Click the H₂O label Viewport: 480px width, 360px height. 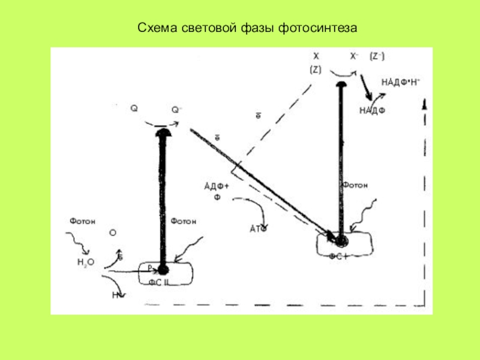tap(86, 262)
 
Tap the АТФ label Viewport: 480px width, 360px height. tap(257, 229)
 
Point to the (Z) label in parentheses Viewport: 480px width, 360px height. tap(316, 70)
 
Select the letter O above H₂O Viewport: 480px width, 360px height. tap(112, 232)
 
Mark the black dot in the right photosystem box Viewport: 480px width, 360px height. tap(341, 241)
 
